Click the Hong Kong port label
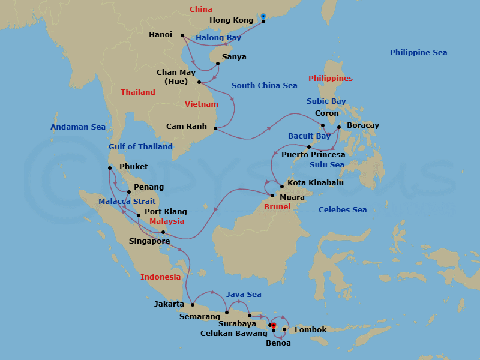(231, 20)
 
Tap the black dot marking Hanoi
(182, 35)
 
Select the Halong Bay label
(218, 38)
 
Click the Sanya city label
(234, 58)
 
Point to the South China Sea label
(264, 86)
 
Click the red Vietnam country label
(201, 104)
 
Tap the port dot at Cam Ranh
(214, 127)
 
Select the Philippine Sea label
(418, 53)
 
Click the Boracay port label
(362, 126)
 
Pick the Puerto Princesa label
(313, 155)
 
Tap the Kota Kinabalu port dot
(282, 187)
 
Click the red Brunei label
(277, 207)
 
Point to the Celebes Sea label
(342, 210)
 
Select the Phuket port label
(133, 167)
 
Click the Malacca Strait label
(127, 202)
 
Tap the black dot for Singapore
(163, 232)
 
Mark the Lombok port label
(310, 330)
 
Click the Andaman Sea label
(77, 127)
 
